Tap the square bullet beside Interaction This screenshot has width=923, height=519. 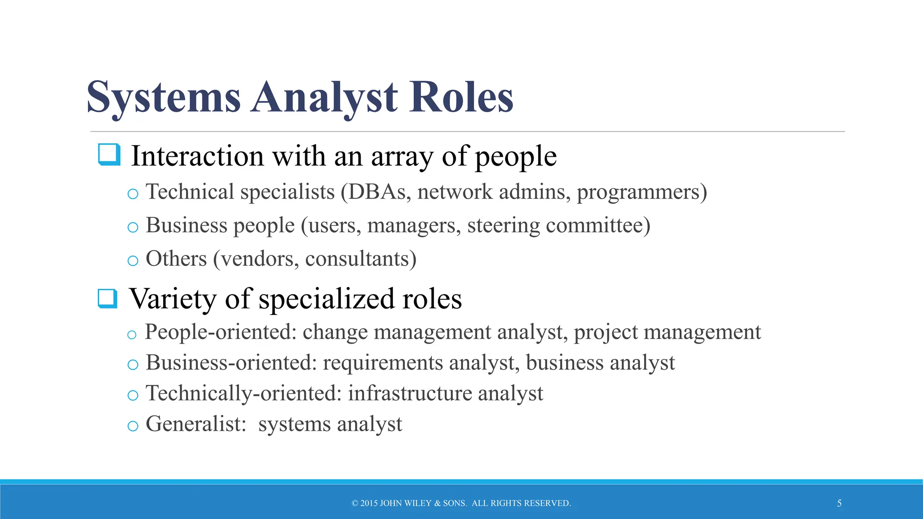[109, 155]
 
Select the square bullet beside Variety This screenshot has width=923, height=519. [108, 298]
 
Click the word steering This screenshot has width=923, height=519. [503, 226]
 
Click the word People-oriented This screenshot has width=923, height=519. [220, 332]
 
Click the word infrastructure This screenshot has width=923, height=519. [410, 393]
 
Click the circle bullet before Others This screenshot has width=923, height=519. [133, 260]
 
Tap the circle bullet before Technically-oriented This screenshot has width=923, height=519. [133, 395]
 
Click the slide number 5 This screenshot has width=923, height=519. [839, 503]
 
